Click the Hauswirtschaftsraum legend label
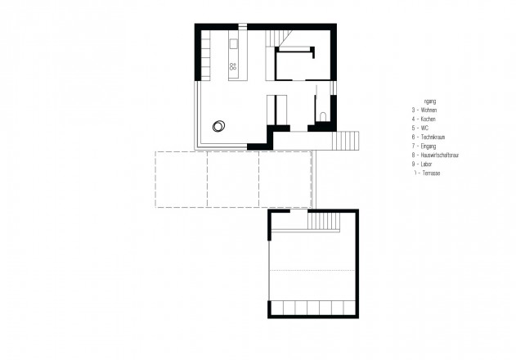coord(443,155)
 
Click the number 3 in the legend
coord(415,110)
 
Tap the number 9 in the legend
coord(415,164)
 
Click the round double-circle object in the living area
coord(219,125)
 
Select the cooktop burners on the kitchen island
coord(233,66)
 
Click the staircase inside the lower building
coord(325,221)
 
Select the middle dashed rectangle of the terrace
coord(233,178)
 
